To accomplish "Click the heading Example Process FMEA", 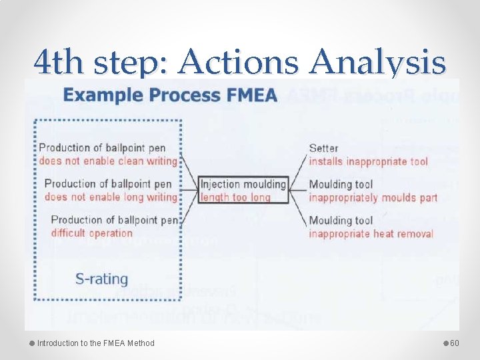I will (171, 95).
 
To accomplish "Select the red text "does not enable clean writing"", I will (108, 161).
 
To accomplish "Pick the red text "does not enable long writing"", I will (111, 197).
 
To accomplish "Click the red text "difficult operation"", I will (92, 233).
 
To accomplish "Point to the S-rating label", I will (101, 279).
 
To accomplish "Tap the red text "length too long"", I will (235, 197).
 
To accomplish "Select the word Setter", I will (323, 148).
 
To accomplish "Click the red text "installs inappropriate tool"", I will (367, 161).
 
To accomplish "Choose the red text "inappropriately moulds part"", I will (373, 197).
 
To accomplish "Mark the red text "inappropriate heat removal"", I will (371, 233).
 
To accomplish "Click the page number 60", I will (455, 343).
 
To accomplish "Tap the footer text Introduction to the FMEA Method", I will (95, 343).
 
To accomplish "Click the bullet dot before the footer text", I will (31, 343).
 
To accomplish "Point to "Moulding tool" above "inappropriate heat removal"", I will (341, 221).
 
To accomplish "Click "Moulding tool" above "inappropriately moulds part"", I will (341, 185).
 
